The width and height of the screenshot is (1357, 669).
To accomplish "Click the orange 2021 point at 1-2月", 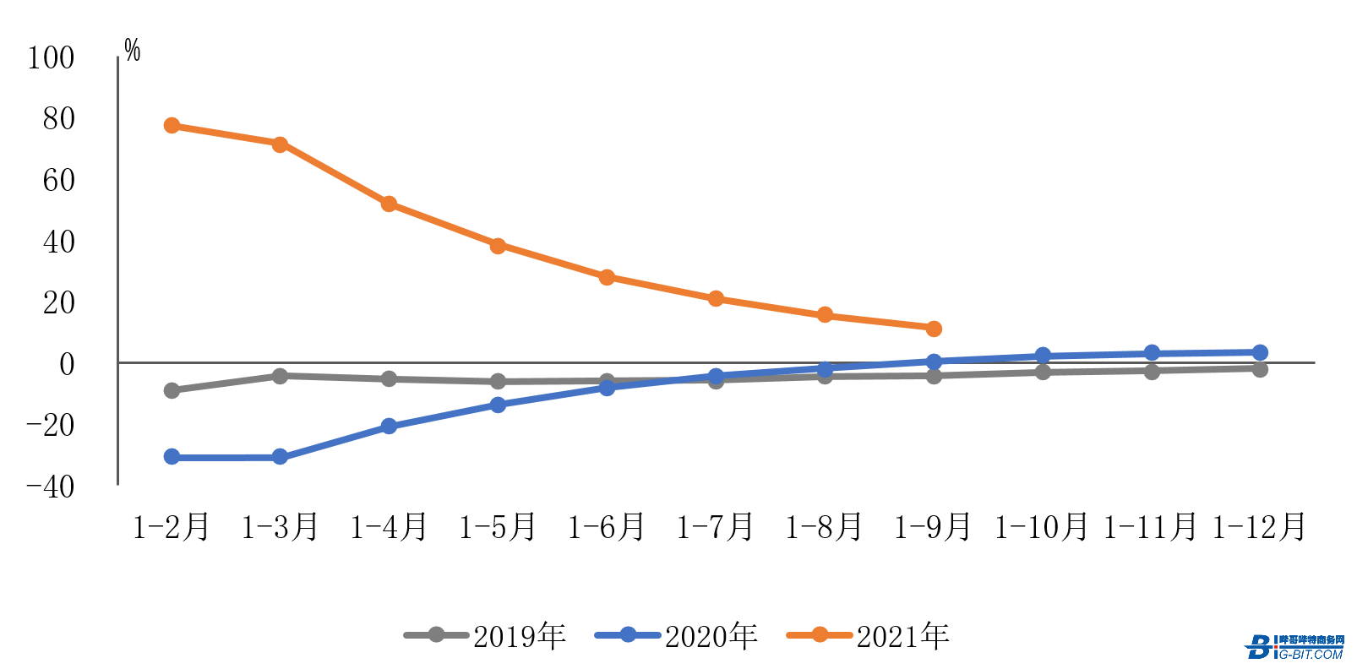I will coord(172,126).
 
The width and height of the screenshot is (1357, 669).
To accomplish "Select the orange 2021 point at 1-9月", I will coord(934,329).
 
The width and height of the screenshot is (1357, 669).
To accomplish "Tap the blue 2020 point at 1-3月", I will coord(280,457).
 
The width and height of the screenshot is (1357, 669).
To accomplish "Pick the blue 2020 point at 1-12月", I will coord(1260,352).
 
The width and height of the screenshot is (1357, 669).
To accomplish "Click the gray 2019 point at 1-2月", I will coord(172,390).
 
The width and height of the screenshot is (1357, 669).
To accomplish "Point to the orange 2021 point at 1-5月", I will coord(498,246).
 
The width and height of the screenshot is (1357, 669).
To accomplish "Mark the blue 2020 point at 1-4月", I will coord(389,426).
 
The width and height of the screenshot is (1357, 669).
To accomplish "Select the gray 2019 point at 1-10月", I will coord(1043,372).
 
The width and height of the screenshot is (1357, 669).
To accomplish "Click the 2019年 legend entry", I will coord(485,636).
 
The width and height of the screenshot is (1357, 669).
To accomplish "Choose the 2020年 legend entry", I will coord(677,636).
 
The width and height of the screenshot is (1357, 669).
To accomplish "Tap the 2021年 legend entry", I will coord(869,636).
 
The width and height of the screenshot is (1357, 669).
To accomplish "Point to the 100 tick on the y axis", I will coord(52,58).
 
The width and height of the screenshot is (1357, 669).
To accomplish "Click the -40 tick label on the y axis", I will coord(51,487).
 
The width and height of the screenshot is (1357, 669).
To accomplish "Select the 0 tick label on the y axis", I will coord(66,364).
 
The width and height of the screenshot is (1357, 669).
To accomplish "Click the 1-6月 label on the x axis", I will coord(607,527).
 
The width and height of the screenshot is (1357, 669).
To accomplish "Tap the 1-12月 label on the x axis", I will coord(1259,527).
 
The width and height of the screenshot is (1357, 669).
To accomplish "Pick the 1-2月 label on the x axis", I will coord(172,527).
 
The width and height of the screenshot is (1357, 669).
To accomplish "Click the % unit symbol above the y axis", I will coord(133,51).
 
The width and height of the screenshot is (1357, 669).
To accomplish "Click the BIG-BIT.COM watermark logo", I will coord(1294,647).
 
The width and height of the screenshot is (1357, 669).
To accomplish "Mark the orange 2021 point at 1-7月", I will coord(716,298).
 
